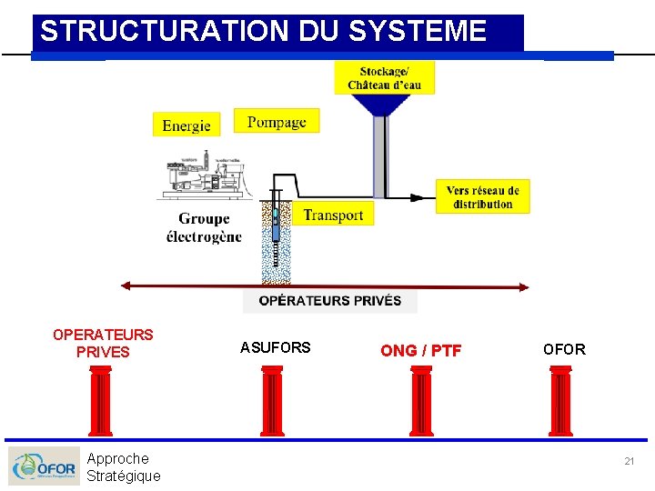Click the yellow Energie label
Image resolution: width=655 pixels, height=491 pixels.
(x=186, y=125)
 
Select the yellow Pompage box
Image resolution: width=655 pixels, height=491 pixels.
(x=277, y=121)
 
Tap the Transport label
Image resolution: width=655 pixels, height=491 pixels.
(x=333, y=215)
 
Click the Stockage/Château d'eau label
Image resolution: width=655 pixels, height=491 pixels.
(x=384, y=78)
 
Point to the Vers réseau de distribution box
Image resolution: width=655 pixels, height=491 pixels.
(x=482, y=197)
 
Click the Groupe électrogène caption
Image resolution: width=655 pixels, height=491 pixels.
(x=204, y=227)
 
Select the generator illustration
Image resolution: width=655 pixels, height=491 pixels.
(x=203, y=178)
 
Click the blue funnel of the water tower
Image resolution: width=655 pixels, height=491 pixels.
(x=383, y=105)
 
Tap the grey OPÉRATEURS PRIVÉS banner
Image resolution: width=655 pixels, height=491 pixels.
(x=329, y=301)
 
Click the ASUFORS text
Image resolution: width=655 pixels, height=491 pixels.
(x=275, y=347)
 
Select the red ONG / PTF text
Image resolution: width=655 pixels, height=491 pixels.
(x=420, y=351)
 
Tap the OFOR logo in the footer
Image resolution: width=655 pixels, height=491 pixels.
(x=42, y=466)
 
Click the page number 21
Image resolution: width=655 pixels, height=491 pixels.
(x=629, y=462)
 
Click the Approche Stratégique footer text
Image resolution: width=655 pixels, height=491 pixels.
(x=123, y=467)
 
